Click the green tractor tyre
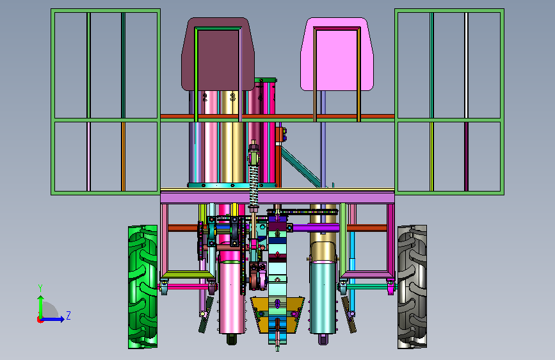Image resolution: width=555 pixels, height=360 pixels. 143,286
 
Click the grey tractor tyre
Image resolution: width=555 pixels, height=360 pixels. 412,286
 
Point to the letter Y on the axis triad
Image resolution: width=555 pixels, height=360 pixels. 40,288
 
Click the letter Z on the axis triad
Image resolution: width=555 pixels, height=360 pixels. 68,315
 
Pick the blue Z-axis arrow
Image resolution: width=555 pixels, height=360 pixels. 53,319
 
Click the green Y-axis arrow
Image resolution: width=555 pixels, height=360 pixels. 41,307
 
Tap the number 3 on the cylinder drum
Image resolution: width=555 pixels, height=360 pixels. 232,97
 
